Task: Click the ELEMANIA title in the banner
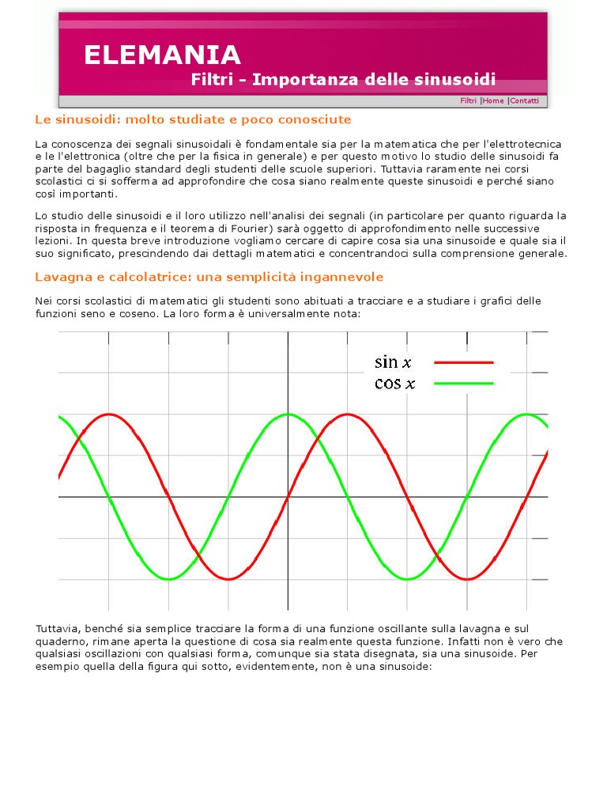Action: pyautogui.click(x=162, y=55)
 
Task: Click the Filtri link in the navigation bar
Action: pyautogui.click(x=469, y=101)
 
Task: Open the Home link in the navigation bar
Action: pyautogui.click(x=493, y=101)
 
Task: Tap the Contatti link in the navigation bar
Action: pyautogui.click(x=525, y=101)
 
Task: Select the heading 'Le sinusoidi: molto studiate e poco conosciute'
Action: pyautogui.click(x=193, y=119)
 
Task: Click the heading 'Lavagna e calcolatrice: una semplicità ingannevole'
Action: pyautogui.click(x=209, y=277)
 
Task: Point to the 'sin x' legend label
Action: pyautogui.click(x=394, y=363)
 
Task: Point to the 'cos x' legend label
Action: pyautogui.click(x=394, y=384)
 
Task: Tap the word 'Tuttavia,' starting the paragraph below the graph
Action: pyautogui.click(x=57, y=628)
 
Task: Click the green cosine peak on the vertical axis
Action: pyautogui.click(x=288, y=414)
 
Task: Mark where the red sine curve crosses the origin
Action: pyautogui.click(x=288, y=497)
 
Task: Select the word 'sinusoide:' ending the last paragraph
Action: pyautogui.click(x=405, y=667)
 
